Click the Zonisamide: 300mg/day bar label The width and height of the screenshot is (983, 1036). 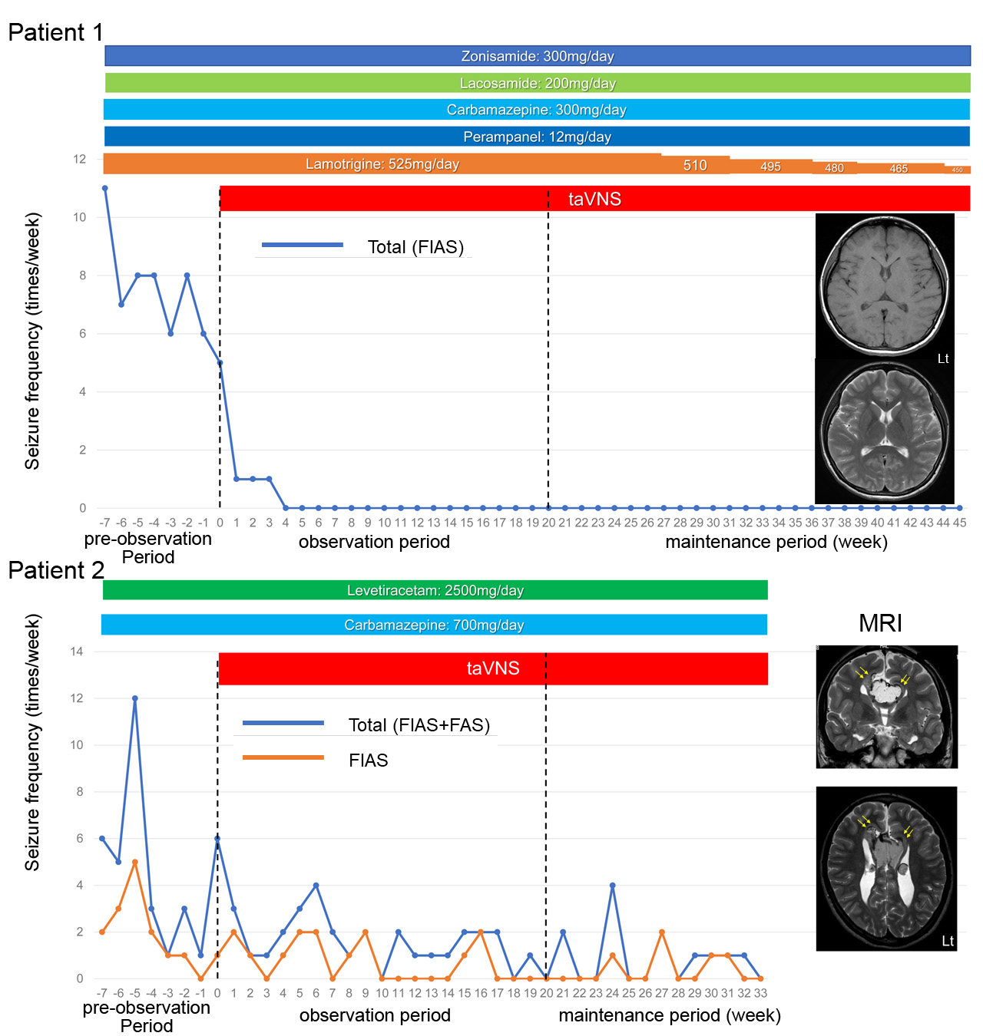pyautogui.click(x=538, y=56)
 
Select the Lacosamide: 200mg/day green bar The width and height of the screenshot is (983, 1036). pyautogui.click(x=538, y=83)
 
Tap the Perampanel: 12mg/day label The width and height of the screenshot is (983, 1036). pyautogui.click(x=538, y=137)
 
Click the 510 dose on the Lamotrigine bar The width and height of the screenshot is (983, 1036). pyautogui.click(x=695, y=165)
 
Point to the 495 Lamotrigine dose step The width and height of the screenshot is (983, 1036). pyautogui.click(x=770, y=167)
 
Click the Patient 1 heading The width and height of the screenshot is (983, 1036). pyautogui.click(x=55, y=32)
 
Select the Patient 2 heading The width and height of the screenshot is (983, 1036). pyautogui.click(x=55, y=570)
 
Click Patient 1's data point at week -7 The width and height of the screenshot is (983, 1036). pyautogui.click(x=104, y=188)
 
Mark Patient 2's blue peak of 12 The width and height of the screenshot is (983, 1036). pyautogui.click(x=135, y=698)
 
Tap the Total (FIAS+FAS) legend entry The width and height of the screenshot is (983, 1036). pyautogui.click(x=419, y=725)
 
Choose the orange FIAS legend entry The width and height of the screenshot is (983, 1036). pyautogui.click(x=368, y=761)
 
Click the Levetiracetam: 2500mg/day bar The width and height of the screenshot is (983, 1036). pyautogui.click(x=435, y=590)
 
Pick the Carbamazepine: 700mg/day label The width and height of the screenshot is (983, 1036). pyautogui.click(x=434, y=625)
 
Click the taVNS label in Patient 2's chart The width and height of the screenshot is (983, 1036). pyautogui.click(x=493, y=668)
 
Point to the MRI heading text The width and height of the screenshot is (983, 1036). pyautogui.click(x=880, y=623)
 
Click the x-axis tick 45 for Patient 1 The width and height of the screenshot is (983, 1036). pyautogui.click(x=959, y=523)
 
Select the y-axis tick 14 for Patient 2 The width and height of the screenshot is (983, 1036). pyautogui.click(x=77, y=652)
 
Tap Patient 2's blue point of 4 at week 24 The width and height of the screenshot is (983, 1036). pyautogui.click(x=612, y=886)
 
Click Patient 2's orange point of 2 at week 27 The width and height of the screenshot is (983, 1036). pyautogui.click(x=662, y=932)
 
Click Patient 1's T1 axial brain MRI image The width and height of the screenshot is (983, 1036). pyautogui.click(x=885, y=285)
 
